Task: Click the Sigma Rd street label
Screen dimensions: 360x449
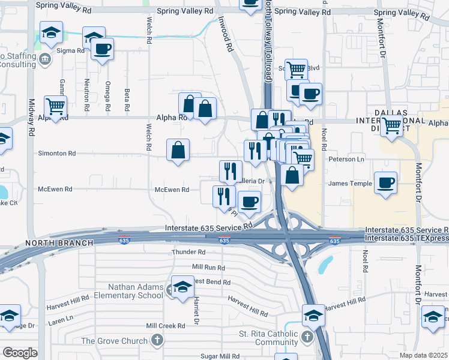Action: pyautogui.click(x=70, y=51)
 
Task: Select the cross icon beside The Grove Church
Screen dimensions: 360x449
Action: pyautogui.click(x=157, y=341)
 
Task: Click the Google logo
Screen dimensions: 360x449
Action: pyautogui.click(x=20, y=353)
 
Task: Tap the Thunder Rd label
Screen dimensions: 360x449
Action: pyautogui.click(x=188, y=253)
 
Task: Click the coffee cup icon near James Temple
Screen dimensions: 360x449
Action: pyautogui.click(x=385, y=182)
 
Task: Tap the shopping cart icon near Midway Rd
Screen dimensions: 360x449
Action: pyautogui.click(x=55, y=107)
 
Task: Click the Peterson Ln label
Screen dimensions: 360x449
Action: pyautogui.click(x=346, y=160)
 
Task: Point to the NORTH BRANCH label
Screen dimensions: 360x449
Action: pyautogui.click(x=59, y=243)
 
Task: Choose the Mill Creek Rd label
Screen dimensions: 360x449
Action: pyautogui.click(x=166, y=326)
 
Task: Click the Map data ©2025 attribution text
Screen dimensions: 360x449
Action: pyautogui.click(x=424, y=355)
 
